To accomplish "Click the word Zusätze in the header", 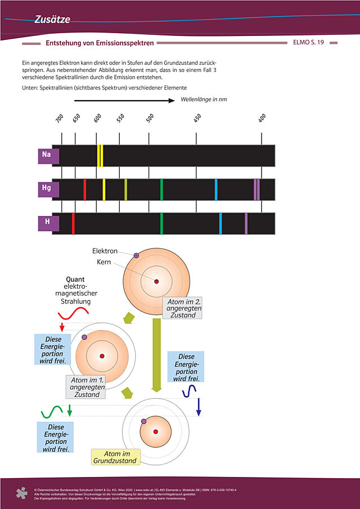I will pos(52,20).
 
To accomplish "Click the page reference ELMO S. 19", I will pos(308,43).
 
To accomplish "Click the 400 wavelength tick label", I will pos(262,119).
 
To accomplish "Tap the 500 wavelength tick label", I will pos(150,119).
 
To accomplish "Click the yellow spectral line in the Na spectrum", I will pos(100,156).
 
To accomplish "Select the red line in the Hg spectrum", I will pos(84,190).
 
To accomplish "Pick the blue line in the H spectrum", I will pos(220,223).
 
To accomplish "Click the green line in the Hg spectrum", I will pos(161,190).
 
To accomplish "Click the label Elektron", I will pos(105,251).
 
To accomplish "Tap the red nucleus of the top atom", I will pos(156,281).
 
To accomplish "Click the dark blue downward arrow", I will pos(199,406).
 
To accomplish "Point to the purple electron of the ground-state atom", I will pos(143,421).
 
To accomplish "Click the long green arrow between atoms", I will pos(157,354).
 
